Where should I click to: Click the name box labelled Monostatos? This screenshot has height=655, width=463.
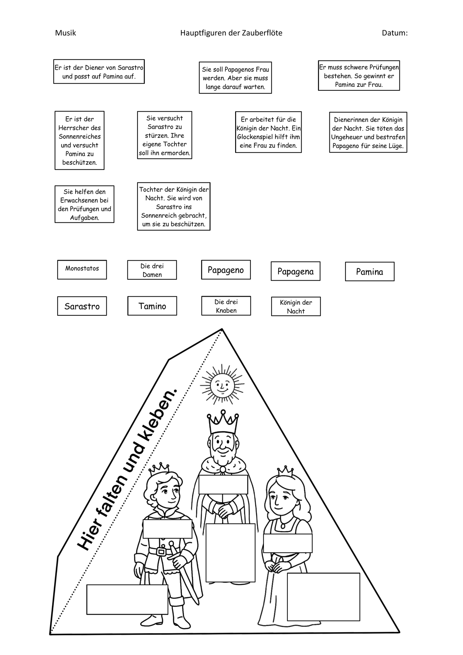(82, 270)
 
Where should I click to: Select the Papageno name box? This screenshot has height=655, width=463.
(226, 270)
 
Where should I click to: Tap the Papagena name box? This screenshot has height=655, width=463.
(295, 271)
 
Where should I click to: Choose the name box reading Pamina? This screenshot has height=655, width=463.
(370, 271)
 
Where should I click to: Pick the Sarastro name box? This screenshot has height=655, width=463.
(82, 306)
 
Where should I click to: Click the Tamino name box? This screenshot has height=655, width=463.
(152, 306)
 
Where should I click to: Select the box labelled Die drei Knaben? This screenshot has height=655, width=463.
(226, 306)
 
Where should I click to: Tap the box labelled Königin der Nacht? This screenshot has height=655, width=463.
(296, 307)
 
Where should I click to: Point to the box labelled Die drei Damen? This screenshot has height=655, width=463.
(152, 270)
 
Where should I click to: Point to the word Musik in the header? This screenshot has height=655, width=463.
(65, 33)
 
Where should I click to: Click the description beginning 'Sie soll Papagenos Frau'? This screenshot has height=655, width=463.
(235, 78)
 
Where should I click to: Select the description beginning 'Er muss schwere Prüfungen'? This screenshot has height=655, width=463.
(359, 76)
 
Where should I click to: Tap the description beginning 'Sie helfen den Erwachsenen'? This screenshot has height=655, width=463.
(84, 204)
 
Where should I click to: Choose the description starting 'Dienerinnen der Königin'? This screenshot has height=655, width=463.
(368, 132)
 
